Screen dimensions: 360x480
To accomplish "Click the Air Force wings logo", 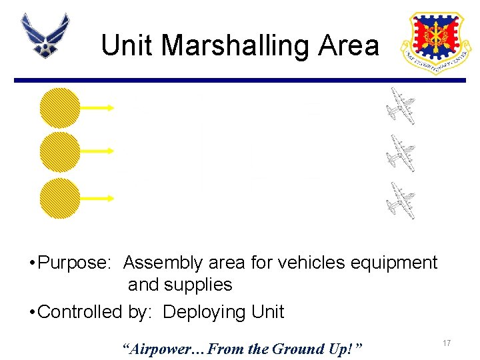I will pyautogui.click(x=45, y=35).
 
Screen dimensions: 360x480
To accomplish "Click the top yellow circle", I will pyautogui.click(x=60, y=108).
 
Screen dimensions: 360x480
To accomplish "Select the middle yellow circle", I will pyautogui.click(x=60, y=152).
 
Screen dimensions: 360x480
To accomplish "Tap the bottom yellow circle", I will pyautogui.click(x=60, y=198).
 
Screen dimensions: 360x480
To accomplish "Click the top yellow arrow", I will pyautogui.click(x=97, y=107).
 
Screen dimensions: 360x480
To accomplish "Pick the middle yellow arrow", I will pyautogui.click(x=97, y=151).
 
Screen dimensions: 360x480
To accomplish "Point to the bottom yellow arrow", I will pyautogui.click(x=97, y=197).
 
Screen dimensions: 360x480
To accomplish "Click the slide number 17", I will pyautogui.click(x=447, y=343).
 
